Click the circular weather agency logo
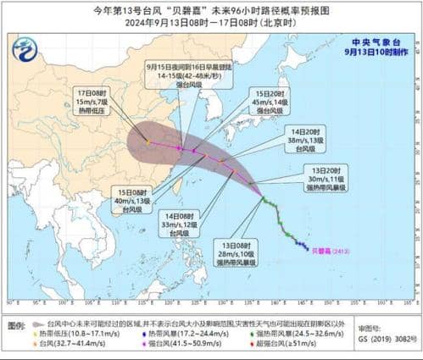tap(25, 49)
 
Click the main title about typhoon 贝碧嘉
tap(211, 9)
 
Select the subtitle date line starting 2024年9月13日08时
tap(211, 23)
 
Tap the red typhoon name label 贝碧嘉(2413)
tap(327, 251)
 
